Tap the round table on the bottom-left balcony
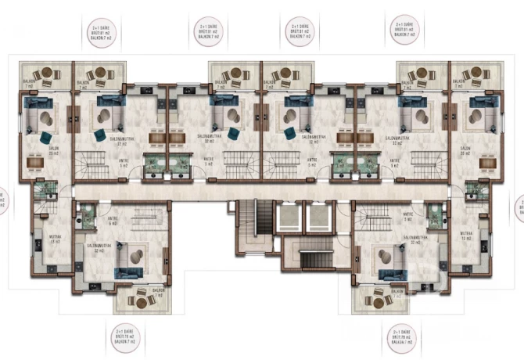pyautogui.click(x=141, y=300)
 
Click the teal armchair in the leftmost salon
pyautogui.click(x=45, y=138)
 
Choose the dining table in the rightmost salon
pyautogui.click(x=488, y=163)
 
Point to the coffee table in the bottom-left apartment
pyautogui.click(x=137, y=255)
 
